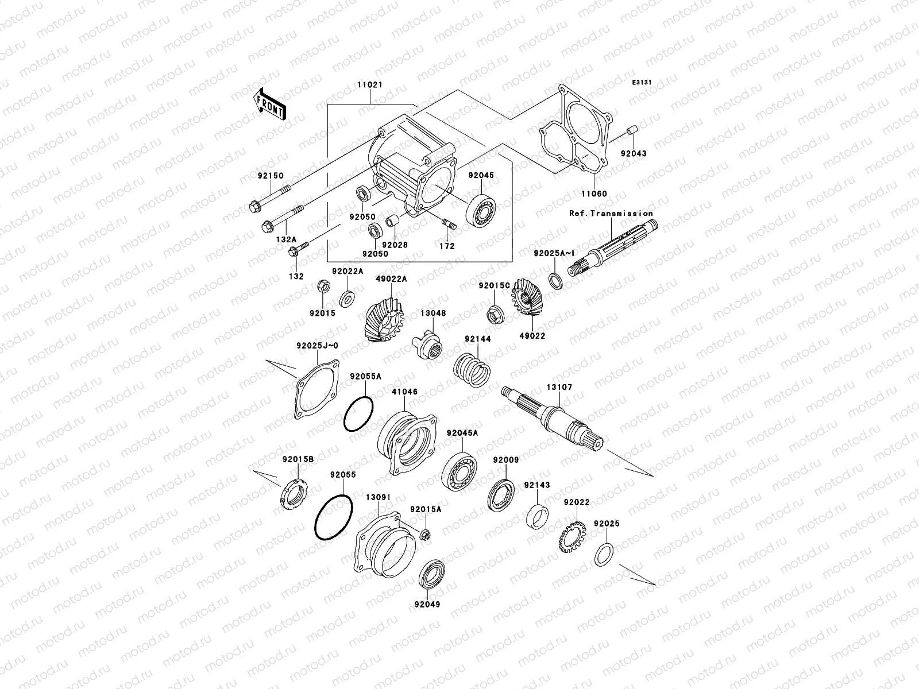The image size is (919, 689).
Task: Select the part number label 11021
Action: click(372, 85)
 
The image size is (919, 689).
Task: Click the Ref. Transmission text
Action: click(611, 213)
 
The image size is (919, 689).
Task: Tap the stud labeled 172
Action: click(448, 226)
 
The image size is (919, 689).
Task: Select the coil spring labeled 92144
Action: click(471, 371)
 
